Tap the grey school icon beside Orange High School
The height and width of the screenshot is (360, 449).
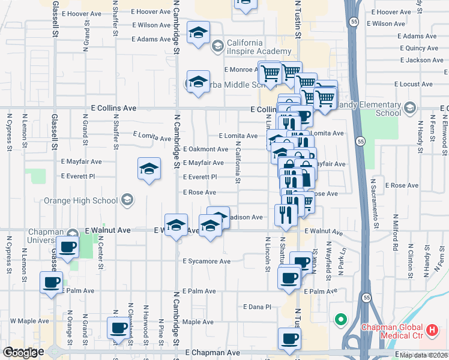(x=127, y=200)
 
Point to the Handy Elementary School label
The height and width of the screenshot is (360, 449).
(x=375, y=109)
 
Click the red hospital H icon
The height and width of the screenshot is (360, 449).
(x=432, y=330)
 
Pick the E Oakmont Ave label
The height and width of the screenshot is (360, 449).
(x=206, y=149)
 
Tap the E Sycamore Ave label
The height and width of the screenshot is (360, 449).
(x=207, y=262)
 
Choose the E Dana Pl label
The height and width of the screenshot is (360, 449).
(x=258, y=307)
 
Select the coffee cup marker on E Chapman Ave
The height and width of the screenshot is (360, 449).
(x=289, y=338)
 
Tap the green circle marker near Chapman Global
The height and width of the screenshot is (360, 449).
(x=342, y=319)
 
